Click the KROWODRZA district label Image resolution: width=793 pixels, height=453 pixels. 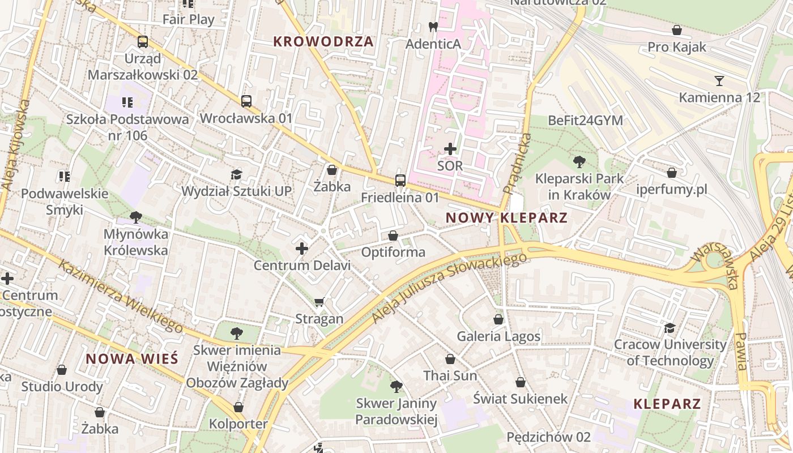[323, 41]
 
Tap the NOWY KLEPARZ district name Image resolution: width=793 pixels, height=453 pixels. [506, 218]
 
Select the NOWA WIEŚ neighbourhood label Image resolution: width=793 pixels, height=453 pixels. [132, 359]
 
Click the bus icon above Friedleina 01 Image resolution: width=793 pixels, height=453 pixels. [400, 181]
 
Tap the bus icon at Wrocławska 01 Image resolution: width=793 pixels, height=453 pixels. [246, 101]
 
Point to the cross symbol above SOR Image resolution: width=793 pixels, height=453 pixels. [450, 149]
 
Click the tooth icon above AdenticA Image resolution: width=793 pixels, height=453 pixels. [433, 27]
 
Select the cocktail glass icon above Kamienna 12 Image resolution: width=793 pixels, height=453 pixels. [719, 80]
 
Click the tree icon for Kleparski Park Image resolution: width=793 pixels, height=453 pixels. [579, 162]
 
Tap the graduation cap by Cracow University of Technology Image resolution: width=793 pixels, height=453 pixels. [670, 328]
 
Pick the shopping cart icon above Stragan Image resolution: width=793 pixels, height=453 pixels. [319, 302]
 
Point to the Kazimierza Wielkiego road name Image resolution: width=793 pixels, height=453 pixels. [121, 297]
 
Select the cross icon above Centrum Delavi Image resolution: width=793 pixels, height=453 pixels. [302, 249]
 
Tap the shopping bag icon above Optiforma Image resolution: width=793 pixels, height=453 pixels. [393, 235]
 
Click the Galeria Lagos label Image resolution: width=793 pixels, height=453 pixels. [498, 336]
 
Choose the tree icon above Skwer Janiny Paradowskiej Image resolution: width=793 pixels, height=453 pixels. [396, 387]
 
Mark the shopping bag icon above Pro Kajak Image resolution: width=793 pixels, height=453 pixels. [677, 30]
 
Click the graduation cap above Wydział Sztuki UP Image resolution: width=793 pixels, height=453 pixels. [236, 174]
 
